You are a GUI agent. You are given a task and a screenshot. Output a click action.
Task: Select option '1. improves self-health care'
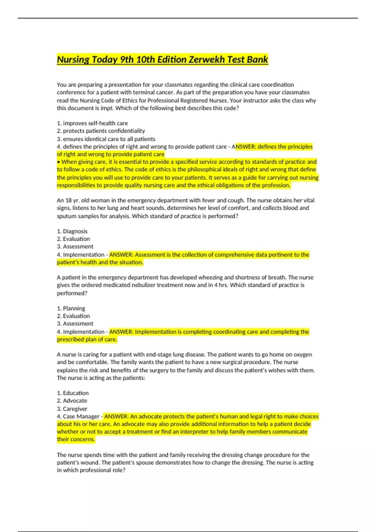coord(92,123)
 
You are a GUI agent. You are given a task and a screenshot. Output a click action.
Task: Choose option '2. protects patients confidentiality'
coord(101,131)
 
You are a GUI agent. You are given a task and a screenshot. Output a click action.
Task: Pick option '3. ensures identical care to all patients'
coord(106,139)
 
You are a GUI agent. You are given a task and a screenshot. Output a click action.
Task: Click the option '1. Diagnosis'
coord(72,231)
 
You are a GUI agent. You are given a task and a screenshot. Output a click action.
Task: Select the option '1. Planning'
coord(71,308)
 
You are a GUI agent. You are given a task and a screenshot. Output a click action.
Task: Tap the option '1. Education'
coord(73,393)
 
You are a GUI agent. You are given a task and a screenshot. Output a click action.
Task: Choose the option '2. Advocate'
coord(72,401)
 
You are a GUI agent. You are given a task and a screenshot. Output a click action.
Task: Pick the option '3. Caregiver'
coord(72,409)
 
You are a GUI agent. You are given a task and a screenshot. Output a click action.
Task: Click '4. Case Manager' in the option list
coord(78,417)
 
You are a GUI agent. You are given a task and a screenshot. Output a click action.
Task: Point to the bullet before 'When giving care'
coord(59,162)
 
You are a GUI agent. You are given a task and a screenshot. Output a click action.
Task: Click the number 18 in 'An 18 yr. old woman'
coord(69,200)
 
